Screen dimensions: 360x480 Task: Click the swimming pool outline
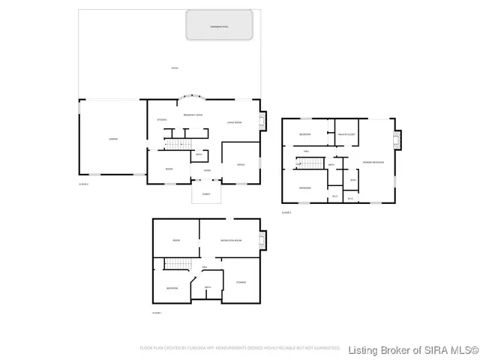tap(222, 27)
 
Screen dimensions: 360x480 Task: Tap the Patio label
tap(174, 69)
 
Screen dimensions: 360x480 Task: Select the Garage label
tap(112, 139)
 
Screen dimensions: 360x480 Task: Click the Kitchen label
tap(161, 119)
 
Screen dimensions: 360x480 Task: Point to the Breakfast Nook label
tap(193, 114)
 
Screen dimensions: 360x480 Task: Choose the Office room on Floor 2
tap(241, 164)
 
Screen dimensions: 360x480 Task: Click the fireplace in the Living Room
tap(262, 121)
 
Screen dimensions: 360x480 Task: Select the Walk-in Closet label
tap(346, 134)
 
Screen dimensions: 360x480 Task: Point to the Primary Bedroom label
tap(374, 161)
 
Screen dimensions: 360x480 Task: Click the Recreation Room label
tap(230, 240)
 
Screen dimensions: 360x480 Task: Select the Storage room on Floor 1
tap(241, 282)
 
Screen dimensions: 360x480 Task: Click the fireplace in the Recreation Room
tap(262, 240)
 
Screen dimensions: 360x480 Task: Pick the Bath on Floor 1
tap(208, 287)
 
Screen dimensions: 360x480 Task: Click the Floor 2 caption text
tap(83, 183)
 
